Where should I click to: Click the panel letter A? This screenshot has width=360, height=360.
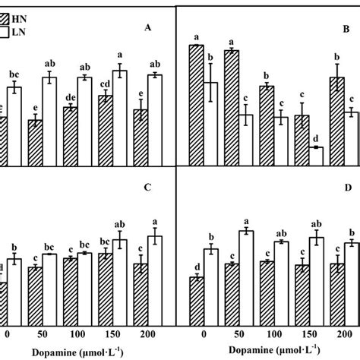148,30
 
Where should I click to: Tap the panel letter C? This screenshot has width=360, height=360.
148,186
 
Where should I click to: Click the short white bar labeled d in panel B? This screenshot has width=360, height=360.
317,153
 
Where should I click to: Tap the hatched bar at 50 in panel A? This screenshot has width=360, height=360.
35,140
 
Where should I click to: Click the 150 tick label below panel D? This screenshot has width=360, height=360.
310,333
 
